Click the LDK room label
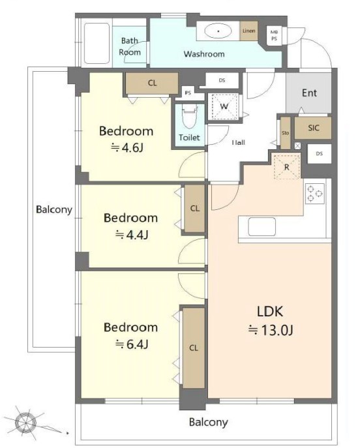pyautogui.click(x=270, y=312)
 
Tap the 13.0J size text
pyautogui.click(x=271, y=330)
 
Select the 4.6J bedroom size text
pyautogui.click(x=127, y=147)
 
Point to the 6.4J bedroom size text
pyautogui.click(x=132, y=344)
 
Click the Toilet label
pyautogui.click(x=189, y=138)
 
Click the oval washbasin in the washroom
pyautogui.click(x=218, y=31)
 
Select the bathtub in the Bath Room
pyautogui.click(x=97, y=44)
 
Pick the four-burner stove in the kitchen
pyautogui.click(x=315, y=194)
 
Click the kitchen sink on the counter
pyautogui.click(x=262, y=226)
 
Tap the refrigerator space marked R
pyautogui.click(x=287, y=167)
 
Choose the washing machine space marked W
pyautogui.click(x=224, y=106)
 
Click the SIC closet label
pyautogui.click(x=314, y=128)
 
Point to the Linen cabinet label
pyautogui.click(x=249, y=31)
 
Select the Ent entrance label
pyautogui.click(x=309, y=93)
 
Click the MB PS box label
pyautogui.click(x=274, y=35)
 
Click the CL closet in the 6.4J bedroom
pyautogui.click(x=194, y=348)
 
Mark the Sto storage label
pyautogui.click(x=286, y=133)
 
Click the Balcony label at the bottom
pyautogui.click(x=209, y=423)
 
